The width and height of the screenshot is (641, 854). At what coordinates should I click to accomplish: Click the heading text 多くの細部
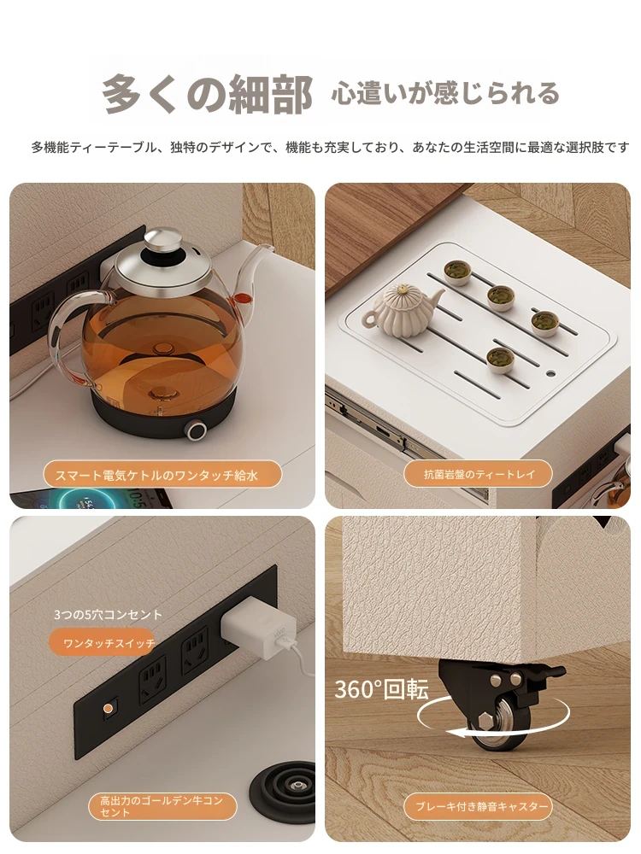(207, 94)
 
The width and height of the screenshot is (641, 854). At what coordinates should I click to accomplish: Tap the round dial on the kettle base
(195, 430)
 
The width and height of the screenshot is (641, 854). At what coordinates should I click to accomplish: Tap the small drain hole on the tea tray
(550, 374)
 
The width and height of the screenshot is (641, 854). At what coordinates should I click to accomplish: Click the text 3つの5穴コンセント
(108, 615)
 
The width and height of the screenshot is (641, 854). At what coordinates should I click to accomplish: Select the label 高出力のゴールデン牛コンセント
(162, 807)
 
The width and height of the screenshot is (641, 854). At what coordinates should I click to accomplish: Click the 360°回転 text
(381, 689)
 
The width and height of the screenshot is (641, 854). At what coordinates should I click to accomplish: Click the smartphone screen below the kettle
(92, 499)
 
